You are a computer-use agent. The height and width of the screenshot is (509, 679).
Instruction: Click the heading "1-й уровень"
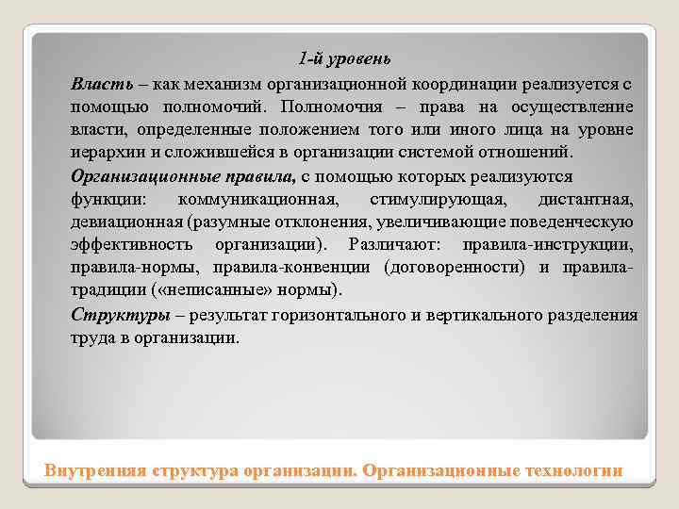[339, 59]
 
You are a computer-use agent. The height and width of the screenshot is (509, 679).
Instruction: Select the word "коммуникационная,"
[259, 199]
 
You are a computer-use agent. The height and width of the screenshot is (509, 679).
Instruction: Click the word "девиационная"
[125, 222]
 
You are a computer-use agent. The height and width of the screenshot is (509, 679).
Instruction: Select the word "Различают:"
[389, 244]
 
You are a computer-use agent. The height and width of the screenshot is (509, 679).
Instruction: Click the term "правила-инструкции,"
[548, 244]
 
